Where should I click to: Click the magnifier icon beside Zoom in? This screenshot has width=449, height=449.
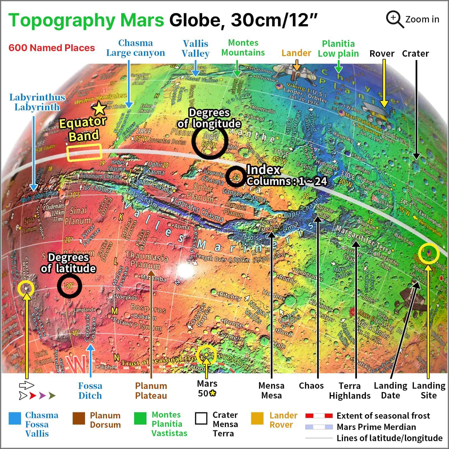(x=394, y=19)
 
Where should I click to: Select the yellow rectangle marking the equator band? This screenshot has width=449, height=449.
(x=84, y=152)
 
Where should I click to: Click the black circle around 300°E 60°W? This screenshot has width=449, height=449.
(x=210, y=141)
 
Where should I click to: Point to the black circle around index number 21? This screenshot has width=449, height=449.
(x=236, y=177)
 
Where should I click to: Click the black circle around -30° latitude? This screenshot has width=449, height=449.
(x=69, y=286)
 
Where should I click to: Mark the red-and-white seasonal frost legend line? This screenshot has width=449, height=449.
(x=319, y=416)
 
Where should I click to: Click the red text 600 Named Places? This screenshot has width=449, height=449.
(x=52, y=48)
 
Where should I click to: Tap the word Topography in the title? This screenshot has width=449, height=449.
(x=62, y=20)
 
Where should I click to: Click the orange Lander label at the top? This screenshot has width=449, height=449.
(x=296, y=53)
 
